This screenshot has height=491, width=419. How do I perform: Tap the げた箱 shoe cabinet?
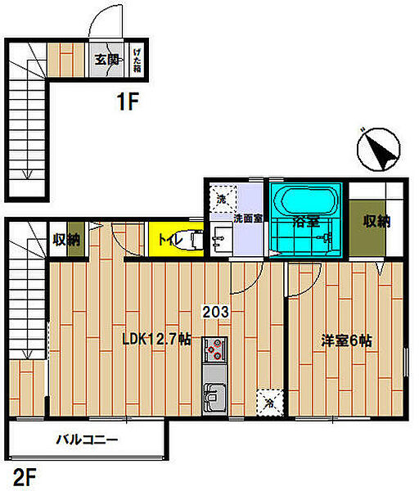(137, 60)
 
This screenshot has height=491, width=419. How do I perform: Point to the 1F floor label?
(128, 101)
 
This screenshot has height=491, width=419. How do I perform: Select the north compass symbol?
(379, 149)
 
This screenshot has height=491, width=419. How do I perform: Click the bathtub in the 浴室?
(309, 200)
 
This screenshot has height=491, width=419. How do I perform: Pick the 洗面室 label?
(248, 218)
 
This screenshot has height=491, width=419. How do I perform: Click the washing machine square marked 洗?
(223, 199)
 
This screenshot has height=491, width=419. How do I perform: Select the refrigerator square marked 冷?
(270, 403)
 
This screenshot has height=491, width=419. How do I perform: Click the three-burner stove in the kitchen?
(214, 349)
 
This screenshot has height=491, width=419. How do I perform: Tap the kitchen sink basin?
(214, 398)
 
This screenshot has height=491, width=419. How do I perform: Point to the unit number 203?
(215, 312)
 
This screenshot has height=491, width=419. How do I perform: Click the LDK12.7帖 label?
(156, 339)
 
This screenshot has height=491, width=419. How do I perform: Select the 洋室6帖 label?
(346, 340)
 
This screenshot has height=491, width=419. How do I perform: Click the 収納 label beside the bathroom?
(376, 221)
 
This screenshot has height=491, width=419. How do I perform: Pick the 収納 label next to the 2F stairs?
(66, 240)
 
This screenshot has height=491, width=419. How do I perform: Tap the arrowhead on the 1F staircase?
(27, 174)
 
